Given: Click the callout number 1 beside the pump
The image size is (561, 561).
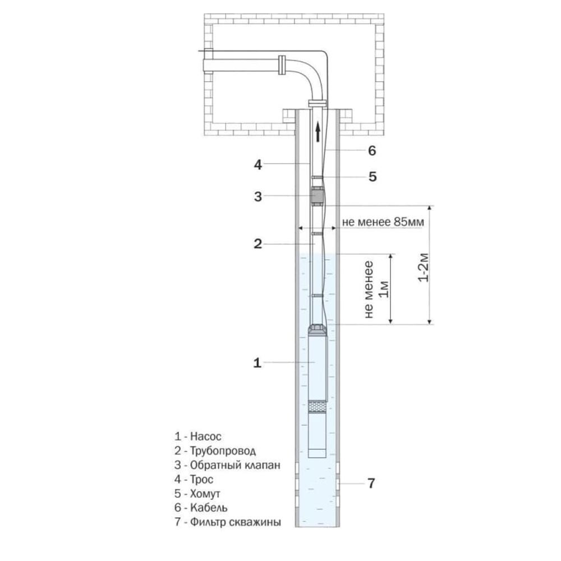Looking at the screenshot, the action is click(x=257, y=363).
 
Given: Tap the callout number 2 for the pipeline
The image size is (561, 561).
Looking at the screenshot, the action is click(x=258, y=244).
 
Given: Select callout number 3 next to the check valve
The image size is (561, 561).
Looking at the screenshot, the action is click(x=258, y=196).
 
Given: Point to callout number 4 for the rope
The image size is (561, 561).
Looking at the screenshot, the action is click(x=258, y=165).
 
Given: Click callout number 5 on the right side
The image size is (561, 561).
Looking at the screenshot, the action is click(x=373, y=177).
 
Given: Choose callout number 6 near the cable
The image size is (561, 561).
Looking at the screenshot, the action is click(x=373, y=150).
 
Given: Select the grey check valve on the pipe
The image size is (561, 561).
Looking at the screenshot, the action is click(x=317, y=196).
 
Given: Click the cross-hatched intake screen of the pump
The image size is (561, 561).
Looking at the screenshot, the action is click(x=317, y=406).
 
